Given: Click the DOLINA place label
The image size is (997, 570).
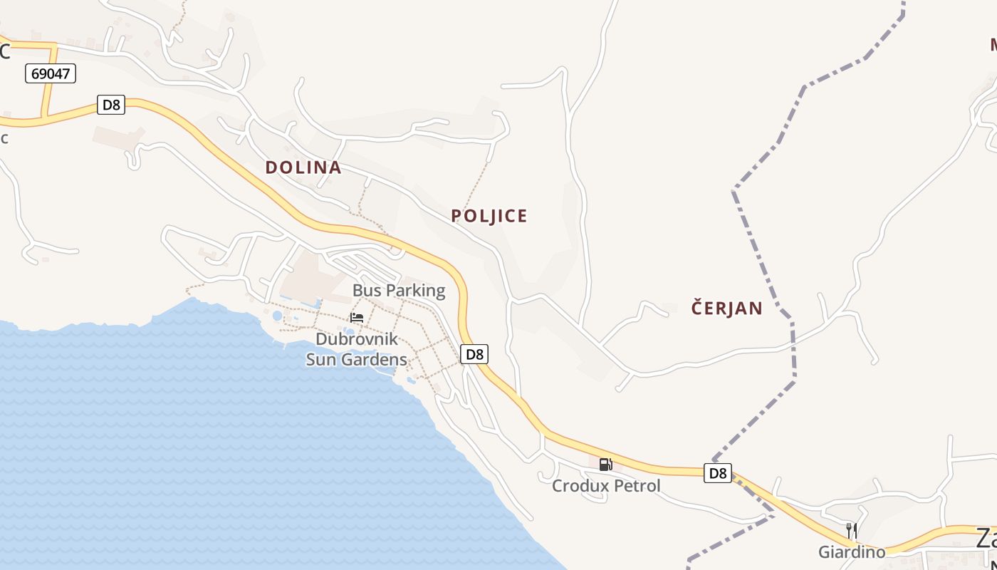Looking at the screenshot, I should (x=303, y=167).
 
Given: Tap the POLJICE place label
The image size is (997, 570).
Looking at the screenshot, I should (x=489, y=216).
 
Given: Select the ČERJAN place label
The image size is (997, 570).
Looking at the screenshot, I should (x=726, y=309).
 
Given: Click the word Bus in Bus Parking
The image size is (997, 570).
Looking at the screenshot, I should (x=367, y=291).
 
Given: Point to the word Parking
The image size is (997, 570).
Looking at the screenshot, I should (x=416, y=291).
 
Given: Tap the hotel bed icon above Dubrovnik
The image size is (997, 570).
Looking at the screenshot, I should (x=357, y=317).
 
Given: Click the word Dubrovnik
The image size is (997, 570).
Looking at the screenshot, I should (x=357, y=339).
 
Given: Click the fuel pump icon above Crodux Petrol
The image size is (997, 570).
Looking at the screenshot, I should (x=605, y=465).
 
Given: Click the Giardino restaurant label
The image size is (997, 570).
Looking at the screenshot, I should (x=852, y=552).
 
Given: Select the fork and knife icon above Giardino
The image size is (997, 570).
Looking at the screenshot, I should (x=851, y=531).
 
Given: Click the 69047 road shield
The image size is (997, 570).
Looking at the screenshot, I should (x=51, y=73).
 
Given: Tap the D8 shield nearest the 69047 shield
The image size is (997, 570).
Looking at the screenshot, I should (x=112, y=105).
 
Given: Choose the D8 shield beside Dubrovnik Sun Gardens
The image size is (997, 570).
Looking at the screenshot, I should (x=474, y=354).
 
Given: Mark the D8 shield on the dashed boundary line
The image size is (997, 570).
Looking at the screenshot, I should (x=718, y=472).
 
